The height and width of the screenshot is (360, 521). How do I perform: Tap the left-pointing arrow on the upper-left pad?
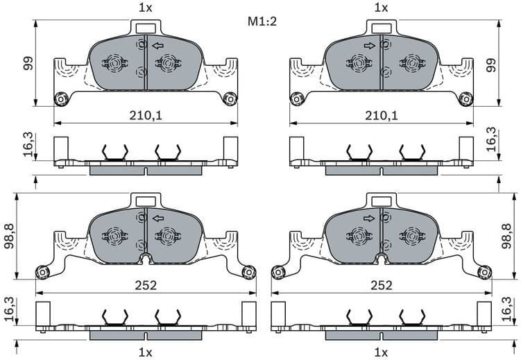point(159,46)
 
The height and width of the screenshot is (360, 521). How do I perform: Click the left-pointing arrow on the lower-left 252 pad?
point(159,218)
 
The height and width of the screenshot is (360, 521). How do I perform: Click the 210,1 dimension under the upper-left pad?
point(145,114)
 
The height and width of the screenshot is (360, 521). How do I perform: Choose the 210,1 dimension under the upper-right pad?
point(381,114)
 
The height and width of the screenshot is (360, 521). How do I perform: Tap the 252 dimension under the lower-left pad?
point(145,285)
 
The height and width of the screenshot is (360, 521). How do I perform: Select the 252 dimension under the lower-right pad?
point(381,285)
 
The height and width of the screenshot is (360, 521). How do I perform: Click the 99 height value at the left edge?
point(26,63)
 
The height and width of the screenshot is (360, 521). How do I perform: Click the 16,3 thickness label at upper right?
point(491,139)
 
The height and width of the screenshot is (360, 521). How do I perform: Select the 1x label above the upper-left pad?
point(145,8)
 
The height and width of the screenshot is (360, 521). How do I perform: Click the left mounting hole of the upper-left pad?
point(60,98)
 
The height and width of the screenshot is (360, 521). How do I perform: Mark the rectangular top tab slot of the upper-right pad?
point(381,28)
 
